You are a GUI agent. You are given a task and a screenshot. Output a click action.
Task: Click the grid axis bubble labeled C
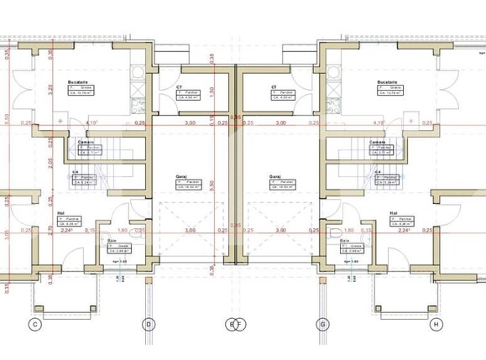[35, 324]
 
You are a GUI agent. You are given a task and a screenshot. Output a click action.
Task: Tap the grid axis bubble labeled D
[149, 324]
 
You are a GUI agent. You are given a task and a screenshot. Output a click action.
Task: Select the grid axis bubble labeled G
[321, 324]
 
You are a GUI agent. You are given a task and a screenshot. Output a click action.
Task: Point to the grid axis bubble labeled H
[435, 324]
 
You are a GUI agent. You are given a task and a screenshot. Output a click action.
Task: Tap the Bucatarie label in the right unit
[387, 82]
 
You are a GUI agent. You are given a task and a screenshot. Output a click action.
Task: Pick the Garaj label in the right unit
[275, 177]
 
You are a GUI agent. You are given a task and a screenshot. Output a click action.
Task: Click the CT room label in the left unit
[180, 86]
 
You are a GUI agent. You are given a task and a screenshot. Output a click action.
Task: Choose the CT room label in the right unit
[274, 86]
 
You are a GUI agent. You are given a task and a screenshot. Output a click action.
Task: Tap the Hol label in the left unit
[61, 213]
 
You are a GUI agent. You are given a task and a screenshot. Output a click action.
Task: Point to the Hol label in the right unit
[394, 213]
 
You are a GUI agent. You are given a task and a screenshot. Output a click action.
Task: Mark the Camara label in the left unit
[85, 143]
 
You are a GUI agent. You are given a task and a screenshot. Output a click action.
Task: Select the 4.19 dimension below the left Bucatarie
[93, 123]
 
